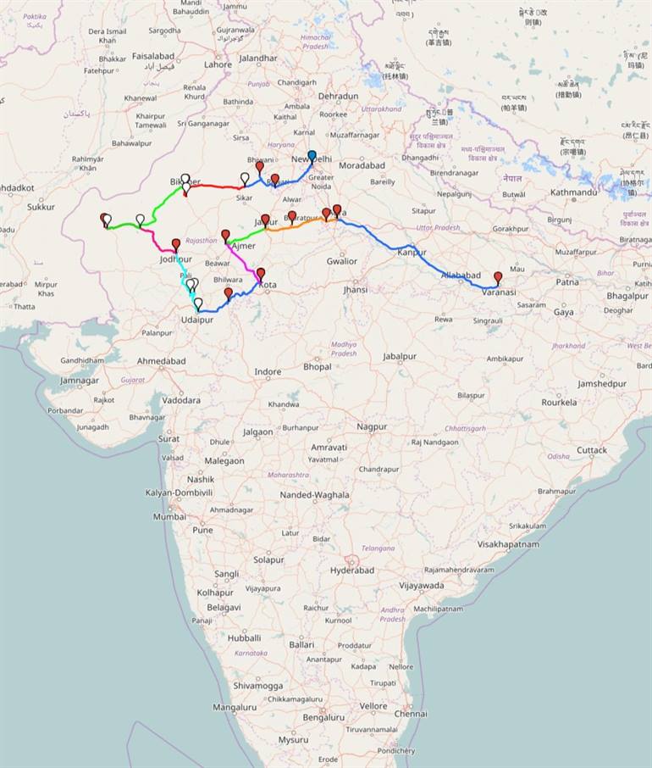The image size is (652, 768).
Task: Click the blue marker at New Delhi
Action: point(312,157)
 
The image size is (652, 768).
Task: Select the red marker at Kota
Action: point(261,274)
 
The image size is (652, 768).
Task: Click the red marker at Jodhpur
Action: point(176,245)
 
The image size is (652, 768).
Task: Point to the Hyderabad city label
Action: point(352,570)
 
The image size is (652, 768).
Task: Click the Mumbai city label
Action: point(169,516)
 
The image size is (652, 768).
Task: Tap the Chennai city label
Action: point(411,714)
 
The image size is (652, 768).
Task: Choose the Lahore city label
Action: point(218,64)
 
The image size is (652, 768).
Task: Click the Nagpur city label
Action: point(371,426)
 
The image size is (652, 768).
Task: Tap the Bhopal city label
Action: point(318,367)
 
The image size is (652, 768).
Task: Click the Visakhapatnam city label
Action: point(508,544)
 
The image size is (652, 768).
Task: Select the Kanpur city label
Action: point(412,253)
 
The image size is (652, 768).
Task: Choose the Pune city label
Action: point(202,530)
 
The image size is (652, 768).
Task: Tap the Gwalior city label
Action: point(342,261)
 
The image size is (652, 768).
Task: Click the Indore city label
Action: point(268,372)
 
